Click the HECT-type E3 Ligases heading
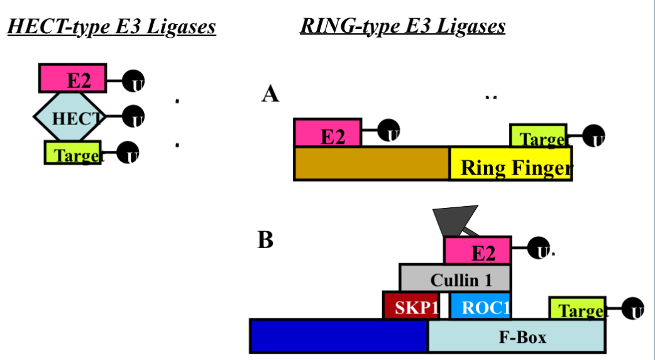(x=111, y=27)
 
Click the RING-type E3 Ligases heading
(x=402, y=26)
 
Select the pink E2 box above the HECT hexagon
(x=73, y=79)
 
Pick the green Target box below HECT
(x=73, y=153)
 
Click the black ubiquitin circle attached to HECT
(x=133, y=116)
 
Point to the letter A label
(x=270, y=94)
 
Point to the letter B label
(x=265, y=241)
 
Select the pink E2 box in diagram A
(x=327, y=133)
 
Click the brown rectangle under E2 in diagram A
(x=372, y=164)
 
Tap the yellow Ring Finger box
(x=510, y=165)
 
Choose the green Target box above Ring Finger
(x=538, y=136)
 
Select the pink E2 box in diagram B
(x=478, y=251)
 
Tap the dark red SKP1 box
(x=410, y=305)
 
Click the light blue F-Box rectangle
(x=517, y=336)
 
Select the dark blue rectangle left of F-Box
(x=338, y=336)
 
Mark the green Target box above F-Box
(x=578, y=308)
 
